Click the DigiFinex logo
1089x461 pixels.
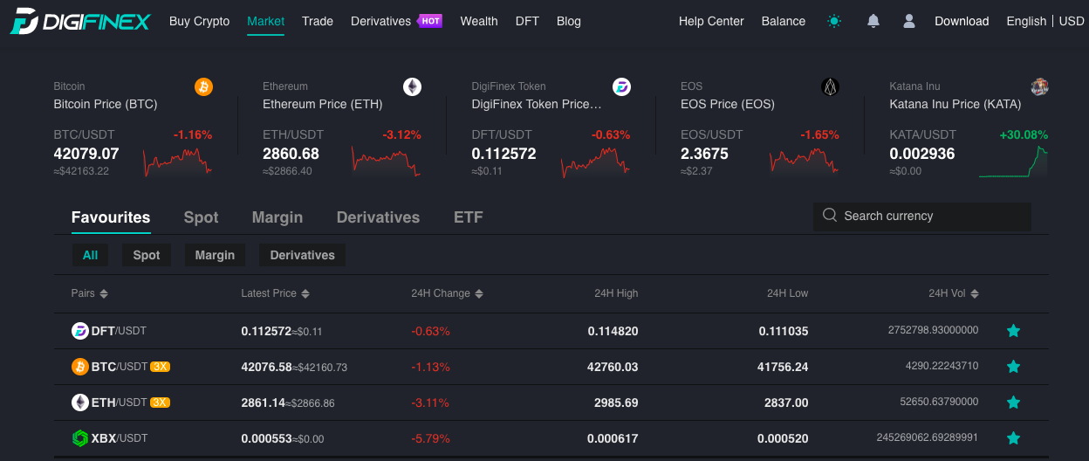[80, 22]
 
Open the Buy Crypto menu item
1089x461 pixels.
[199, 22]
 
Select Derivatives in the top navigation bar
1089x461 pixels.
[380, 22]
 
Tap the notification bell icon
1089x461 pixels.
[873, 21]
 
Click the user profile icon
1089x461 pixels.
[909, 21]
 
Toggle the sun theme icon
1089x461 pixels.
[834, 21]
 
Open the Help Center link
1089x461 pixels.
[711, 22]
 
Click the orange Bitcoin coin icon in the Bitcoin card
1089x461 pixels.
[203, 87]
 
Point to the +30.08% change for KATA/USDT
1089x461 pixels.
[1024, 134]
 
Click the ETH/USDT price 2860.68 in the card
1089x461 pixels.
[291, 154]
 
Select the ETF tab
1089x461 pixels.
[469, 217]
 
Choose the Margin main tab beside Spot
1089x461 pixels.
[277, 217]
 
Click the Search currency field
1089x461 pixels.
[921, 217]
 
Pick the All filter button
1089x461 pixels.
[90, 255]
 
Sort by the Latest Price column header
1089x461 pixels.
[275, 293]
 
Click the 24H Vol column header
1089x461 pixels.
[954, 293]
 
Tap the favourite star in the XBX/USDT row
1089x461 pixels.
[1013, 438]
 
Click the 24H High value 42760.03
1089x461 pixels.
[613, 367]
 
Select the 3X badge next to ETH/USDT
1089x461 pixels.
[160, 403]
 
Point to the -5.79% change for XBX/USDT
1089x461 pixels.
[430, 438]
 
